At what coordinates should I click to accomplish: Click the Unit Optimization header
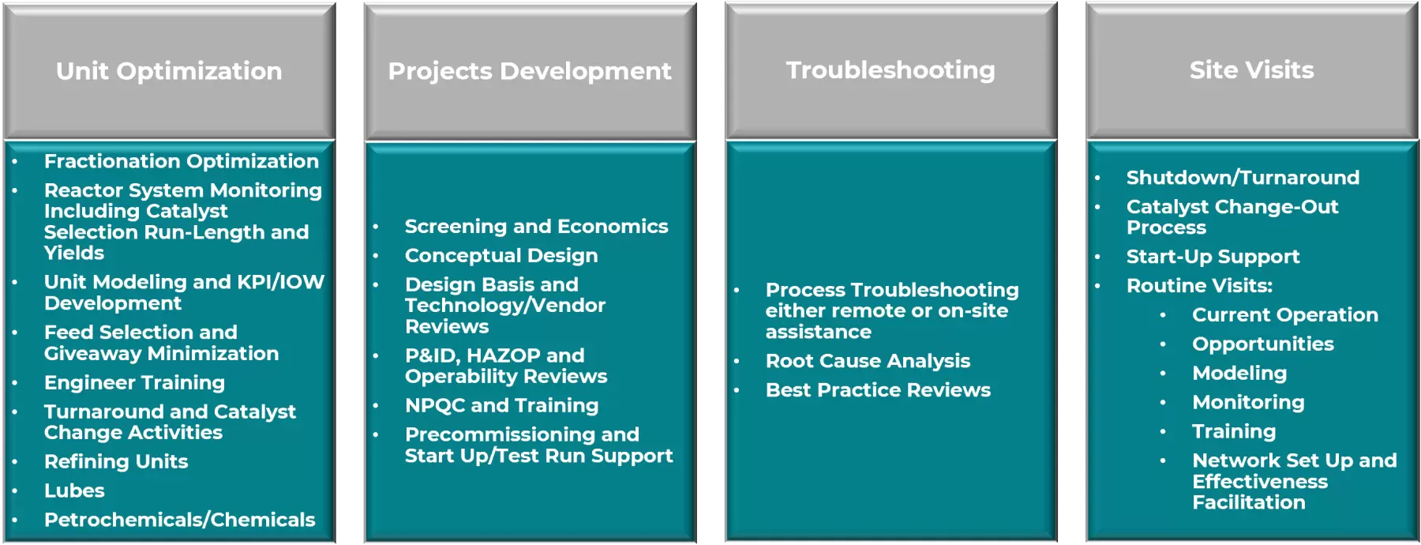tap(169, 71)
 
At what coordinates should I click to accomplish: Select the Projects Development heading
tap(530, 71)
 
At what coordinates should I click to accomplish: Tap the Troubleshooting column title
tap(890, 70)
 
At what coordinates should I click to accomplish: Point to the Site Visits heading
tap(1252, 70)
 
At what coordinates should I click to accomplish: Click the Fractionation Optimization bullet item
tap(182, 161)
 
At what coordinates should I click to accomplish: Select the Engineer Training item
tap(134, 383)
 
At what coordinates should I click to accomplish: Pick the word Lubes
tap(74, 490)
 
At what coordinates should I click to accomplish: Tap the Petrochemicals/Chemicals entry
tap(180, 520)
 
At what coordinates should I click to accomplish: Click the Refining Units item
tap(116, 461)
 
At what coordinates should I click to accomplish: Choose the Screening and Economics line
tap(537, 227)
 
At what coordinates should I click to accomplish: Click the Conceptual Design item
tap(501, 256)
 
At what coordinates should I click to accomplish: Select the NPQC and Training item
tap(502, 405)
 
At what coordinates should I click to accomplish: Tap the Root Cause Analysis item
tap(868, 361)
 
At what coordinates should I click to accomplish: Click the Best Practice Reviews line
tap(878, 390)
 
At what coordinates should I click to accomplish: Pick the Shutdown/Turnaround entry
tap(1243, 178)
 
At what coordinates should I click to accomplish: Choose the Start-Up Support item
tap(1213, 257)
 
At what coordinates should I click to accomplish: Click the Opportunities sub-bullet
tap(1263, 344)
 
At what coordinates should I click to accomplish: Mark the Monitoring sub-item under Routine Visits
tap(1248, 403)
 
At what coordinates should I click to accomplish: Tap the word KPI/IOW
tap(280, 282)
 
